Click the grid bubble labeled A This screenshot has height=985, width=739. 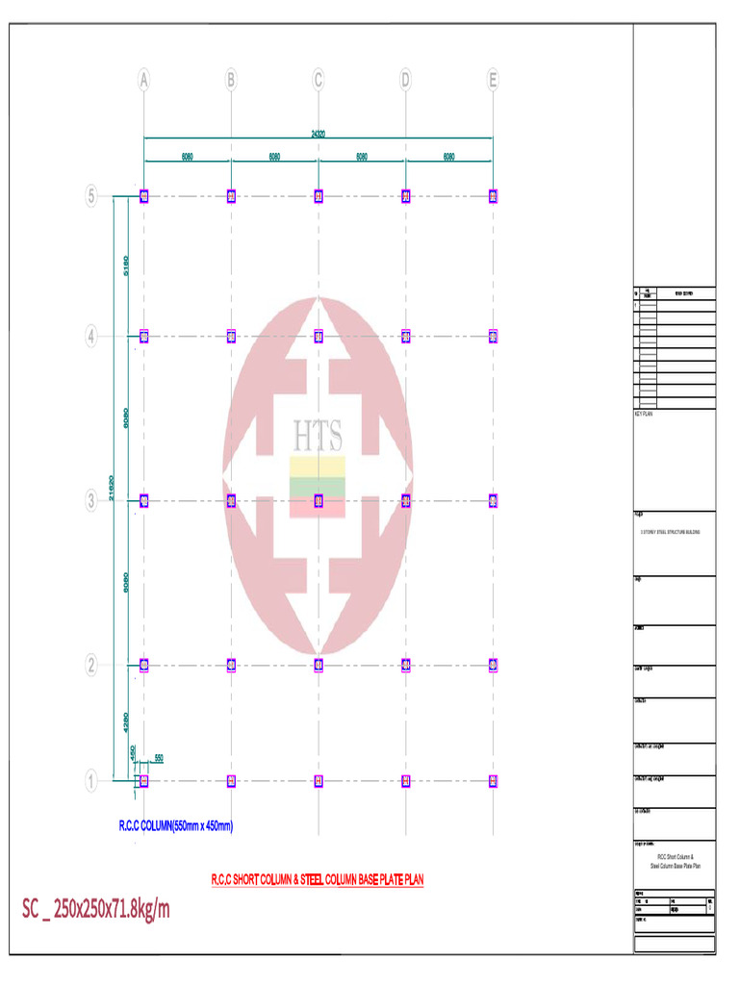[x=143, y=80]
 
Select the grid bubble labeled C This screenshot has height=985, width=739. [x=319, y=80]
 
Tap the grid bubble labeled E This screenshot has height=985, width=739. [x=493, y=80]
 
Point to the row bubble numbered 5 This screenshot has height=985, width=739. [x=91, y=196]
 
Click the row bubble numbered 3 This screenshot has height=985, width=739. [x=91, y=500]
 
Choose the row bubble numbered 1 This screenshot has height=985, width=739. [x=91, y=781]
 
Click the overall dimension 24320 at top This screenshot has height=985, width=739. [x=318, y=134]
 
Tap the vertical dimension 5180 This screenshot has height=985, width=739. [x=126, y=266]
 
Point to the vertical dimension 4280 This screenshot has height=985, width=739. [x=126, y=721]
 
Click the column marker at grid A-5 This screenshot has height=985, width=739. [x=143, y=196]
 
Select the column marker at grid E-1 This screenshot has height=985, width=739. [x=493, y=781]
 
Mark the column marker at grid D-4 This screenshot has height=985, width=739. [x=406, y=337]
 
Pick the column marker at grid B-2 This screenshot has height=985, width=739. [x=231, y=665]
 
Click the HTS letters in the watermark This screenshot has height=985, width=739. [x=318, y=437]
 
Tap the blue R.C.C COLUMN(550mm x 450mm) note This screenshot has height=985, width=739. [x=176, y=825]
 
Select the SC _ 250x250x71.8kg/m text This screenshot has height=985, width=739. [x=96, y=909]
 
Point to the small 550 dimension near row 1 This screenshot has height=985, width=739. [x=158, y=758]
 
